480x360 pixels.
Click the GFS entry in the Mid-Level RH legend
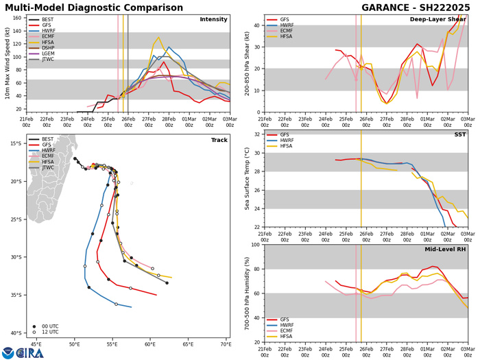coord(289,252)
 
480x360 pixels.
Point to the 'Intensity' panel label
coord(213,20)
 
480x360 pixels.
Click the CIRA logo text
coord(29,352)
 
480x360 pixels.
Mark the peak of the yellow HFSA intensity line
coord(159,38)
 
